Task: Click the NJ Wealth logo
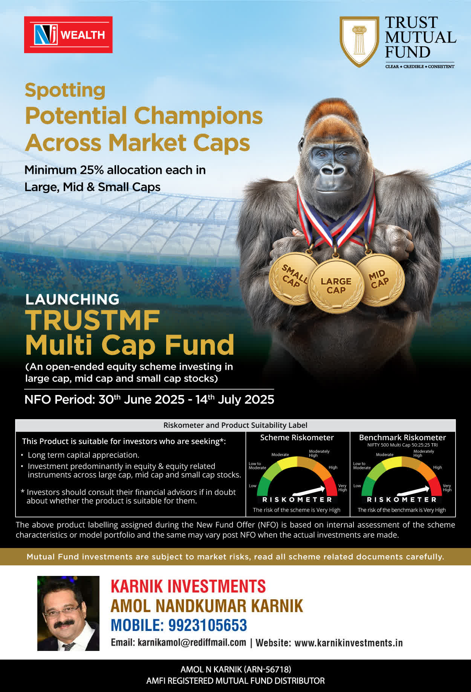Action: coord(68,35)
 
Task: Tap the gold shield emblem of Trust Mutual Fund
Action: coord(359,41)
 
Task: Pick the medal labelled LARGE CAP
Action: coord(336,286)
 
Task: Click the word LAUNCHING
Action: coord(72,299)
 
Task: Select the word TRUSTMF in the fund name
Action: coord(93,320)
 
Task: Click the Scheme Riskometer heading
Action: coord(297,438)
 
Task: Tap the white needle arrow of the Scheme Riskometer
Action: coord(309,490)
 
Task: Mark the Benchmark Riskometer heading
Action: coord(402,438)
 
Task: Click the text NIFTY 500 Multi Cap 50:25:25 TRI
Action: coord(402,445)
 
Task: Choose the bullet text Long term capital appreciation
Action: coord(84,455)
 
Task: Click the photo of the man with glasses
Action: coord(68,613)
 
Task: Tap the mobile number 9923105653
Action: coord(208,625)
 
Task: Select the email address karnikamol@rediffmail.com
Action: coord(192,643)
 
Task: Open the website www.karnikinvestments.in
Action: coord(349,643)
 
